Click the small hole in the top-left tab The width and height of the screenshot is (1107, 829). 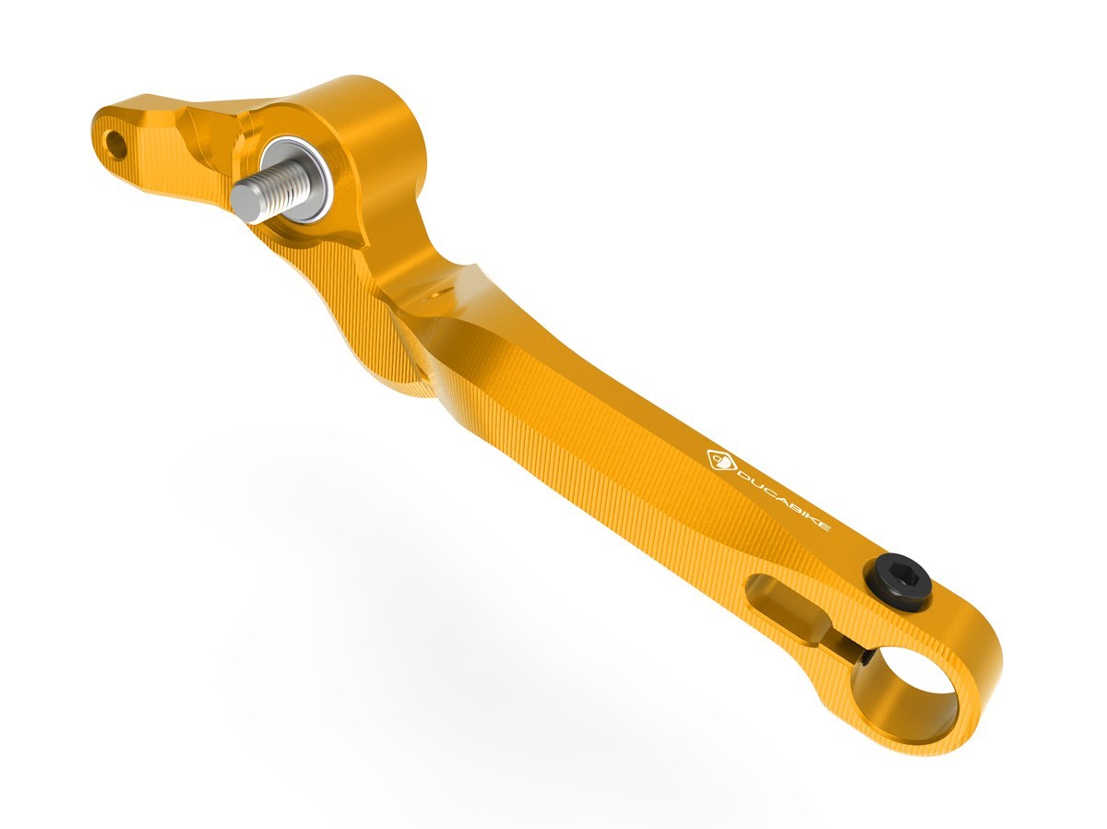(115, 143)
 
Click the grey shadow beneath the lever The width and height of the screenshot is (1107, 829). (415, 590)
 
